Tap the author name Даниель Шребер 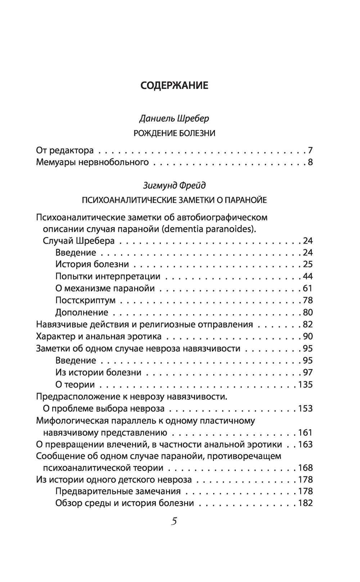174,119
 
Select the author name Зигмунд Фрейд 174,185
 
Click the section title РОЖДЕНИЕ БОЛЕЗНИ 174,134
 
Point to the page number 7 310,150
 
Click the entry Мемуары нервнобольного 93,162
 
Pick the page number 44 308,276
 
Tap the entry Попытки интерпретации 108,276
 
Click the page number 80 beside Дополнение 308,312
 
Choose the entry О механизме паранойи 105,288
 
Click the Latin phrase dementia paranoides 218,229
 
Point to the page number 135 305,384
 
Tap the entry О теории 75,384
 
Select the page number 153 305,408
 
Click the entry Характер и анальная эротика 99,336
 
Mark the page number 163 305,444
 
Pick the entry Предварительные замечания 118,491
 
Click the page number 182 305,503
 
